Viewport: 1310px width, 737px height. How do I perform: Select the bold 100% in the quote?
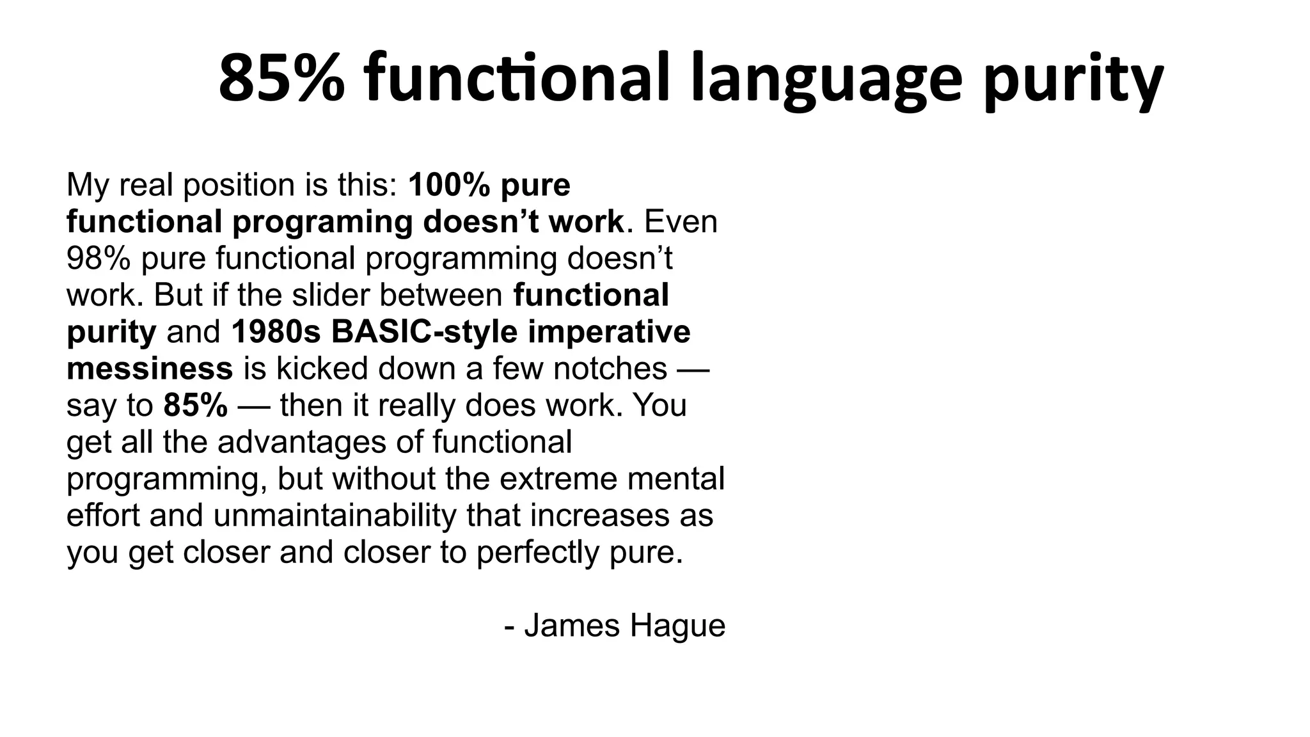(449, 185)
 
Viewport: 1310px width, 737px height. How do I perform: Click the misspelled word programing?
(322, 222)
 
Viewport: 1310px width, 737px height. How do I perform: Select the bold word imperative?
(609, 332)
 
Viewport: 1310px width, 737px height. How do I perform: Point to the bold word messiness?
(150, 368)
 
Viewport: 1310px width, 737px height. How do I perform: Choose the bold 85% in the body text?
(195, 405)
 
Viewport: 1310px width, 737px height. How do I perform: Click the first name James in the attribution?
(572, 625)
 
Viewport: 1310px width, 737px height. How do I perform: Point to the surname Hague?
(677, 626)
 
